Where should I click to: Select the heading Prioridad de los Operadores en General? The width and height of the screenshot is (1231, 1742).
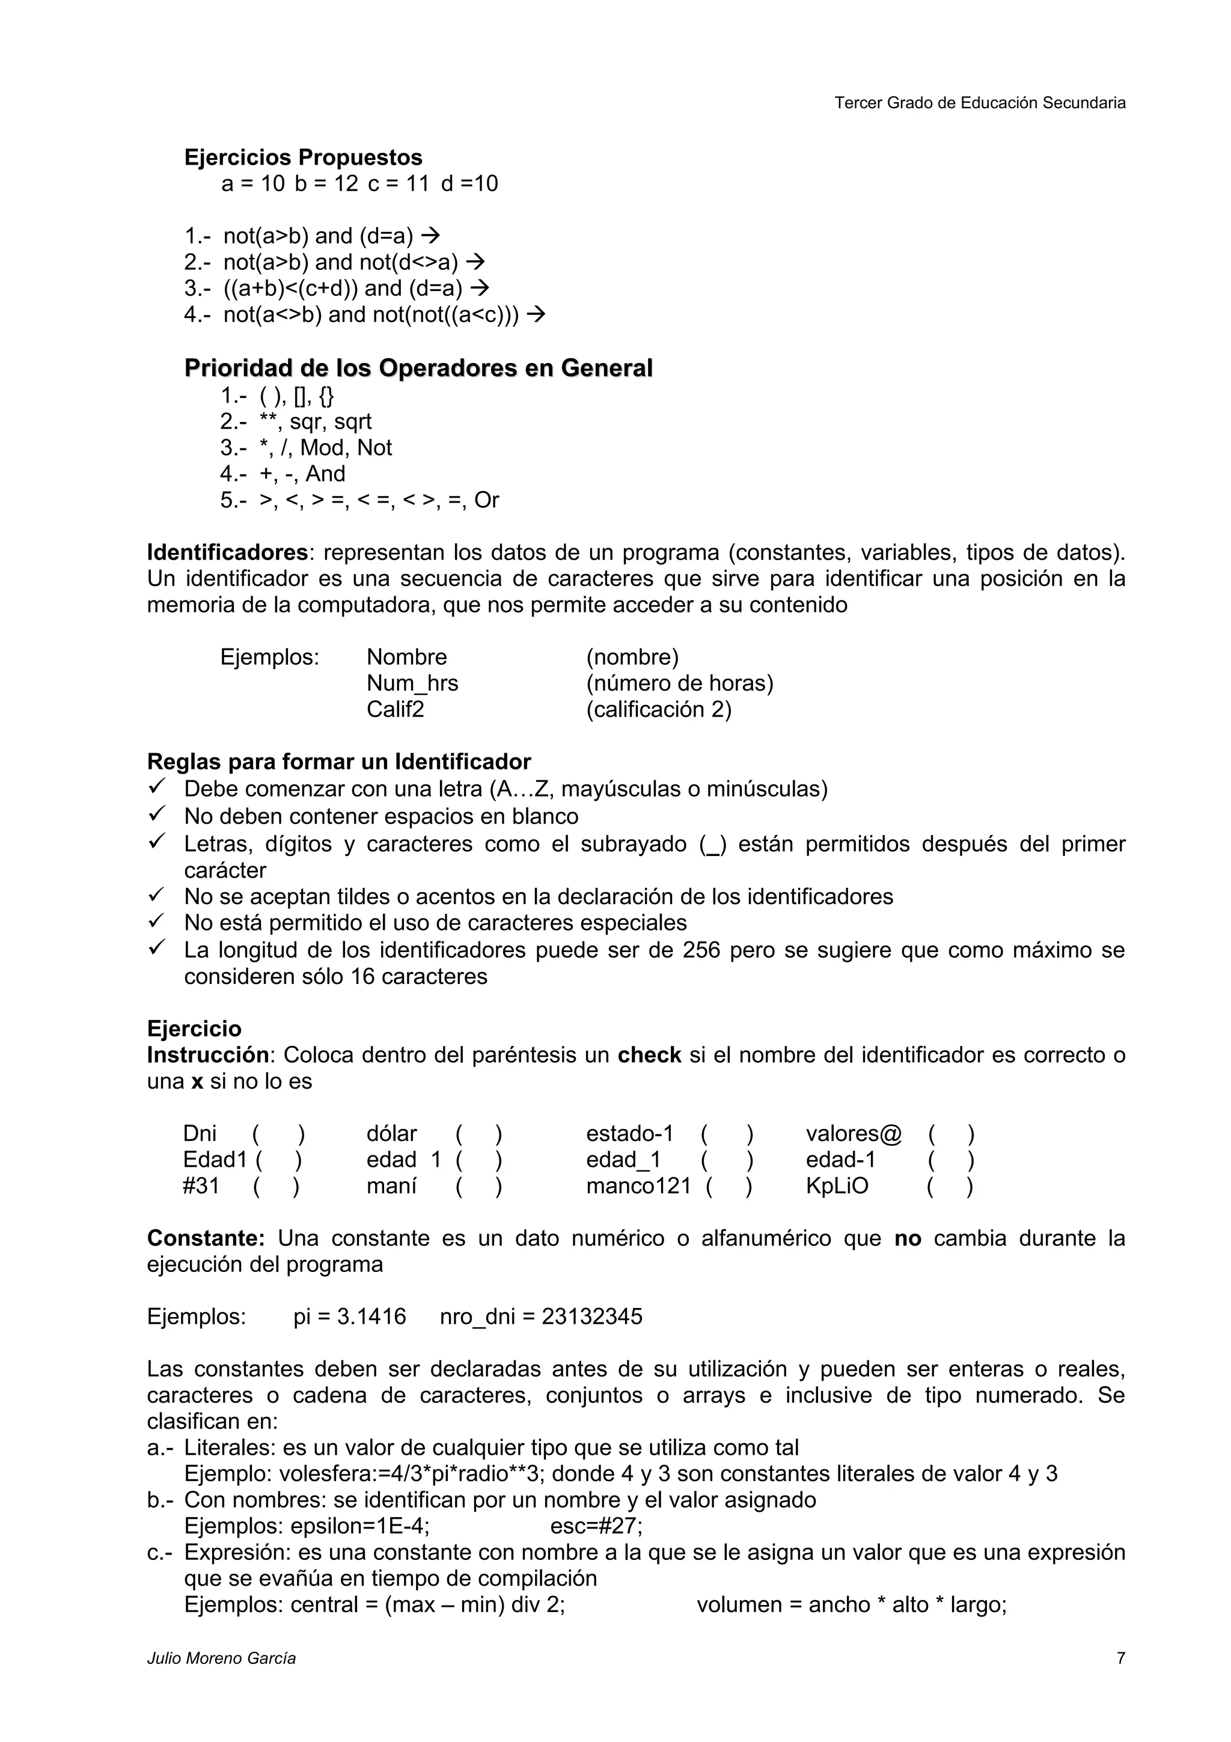(418, 368)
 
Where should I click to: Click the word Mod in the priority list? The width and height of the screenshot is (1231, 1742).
(322, 448)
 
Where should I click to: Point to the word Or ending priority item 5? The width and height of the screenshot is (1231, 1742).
(486, 500)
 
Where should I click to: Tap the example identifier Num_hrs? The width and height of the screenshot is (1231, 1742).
(412, 683)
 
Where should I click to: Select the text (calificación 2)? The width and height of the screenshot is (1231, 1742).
(658, 709)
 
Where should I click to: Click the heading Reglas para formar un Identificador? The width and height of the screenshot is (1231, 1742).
(338, 761)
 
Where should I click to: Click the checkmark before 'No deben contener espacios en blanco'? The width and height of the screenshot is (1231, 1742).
(156, 815)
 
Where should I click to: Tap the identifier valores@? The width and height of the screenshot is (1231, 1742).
(854, 1134)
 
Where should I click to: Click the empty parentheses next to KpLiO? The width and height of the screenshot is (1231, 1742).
(949, 1186)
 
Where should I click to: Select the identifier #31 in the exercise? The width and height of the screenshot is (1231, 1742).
(201, 1186)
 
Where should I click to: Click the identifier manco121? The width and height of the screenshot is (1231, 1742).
(638, 1186)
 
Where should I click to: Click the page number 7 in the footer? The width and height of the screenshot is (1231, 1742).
(1120, 1658)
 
